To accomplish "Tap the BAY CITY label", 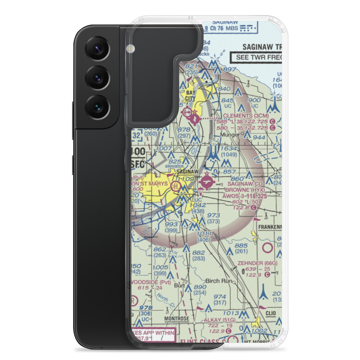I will [x=190, y=95].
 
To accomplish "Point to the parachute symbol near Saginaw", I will [x=200, y=192].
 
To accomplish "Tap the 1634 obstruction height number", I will [x=230, y=148].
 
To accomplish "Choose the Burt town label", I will [x=179, y=285].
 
